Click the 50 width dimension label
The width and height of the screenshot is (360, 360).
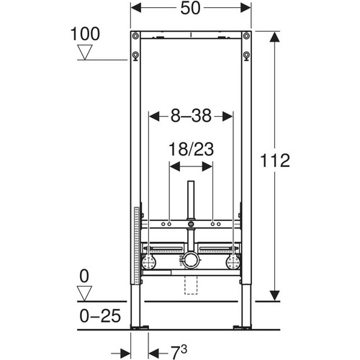coord(190,9)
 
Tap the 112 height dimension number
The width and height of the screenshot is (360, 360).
coord(275,161)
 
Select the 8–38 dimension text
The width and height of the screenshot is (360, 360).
coord(191,116)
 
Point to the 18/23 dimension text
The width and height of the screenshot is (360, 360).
coord(191,149)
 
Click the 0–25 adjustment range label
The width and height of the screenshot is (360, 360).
coord(100,316)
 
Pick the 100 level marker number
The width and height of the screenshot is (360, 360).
coord(85,34)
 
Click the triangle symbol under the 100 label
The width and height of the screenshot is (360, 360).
coord(85,52)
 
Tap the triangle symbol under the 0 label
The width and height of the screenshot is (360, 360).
coord(84,293)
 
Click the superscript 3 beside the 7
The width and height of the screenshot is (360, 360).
coord(184,349)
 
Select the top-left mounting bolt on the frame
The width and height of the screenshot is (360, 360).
coord(135,36)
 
